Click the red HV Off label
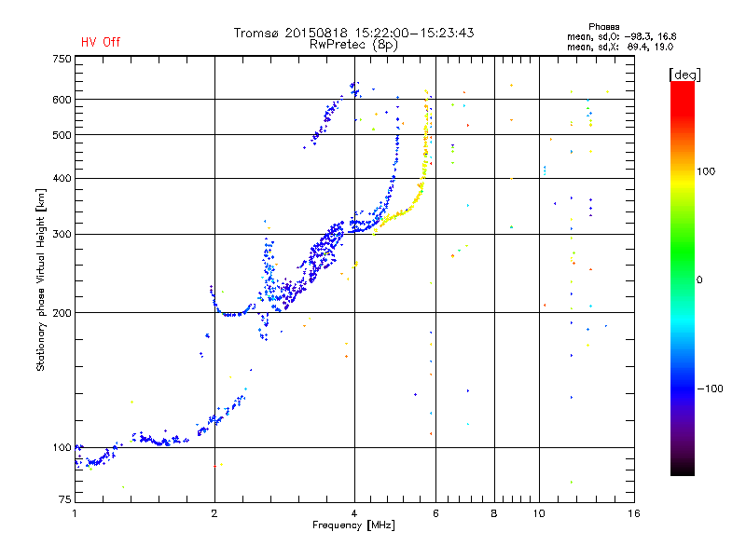(100, 43)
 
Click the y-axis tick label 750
(62, 59)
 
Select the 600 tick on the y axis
(62, 100)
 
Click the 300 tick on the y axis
(62, 234)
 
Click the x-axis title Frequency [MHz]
(353, 525)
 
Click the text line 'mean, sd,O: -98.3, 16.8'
(634, 36)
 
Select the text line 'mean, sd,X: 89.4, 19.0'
(634, 47)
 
